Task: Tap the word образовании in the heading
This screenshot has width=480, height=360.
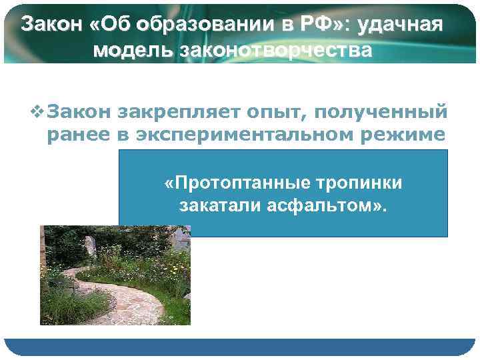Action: click(x=185, y=25)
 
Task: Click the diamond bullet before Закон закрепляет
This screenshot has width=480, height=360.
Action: click(x=38, y=109)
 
